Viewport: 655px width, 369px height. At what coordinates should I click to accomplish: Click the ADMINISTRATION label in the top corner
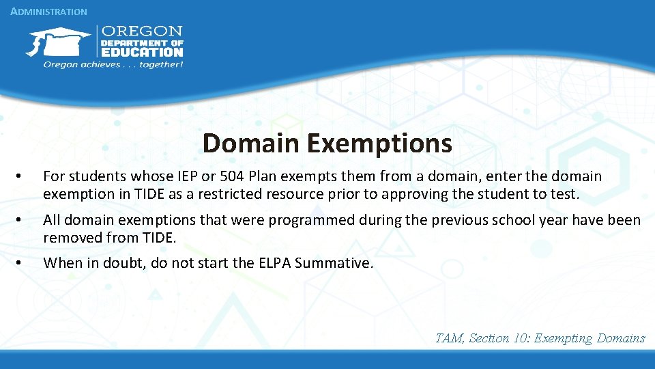49,12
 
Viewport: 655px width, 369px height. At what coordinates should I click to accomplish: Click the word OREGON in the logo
142,31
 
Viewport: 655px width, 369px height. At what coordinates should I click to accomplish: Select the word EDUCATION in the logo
142,51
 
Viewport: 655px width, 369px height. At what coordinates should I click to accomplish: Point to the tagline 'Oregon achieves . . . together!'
113,64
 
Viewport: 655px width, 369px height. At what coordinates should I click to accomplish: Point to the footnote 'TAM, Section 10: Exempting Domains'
540,338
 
